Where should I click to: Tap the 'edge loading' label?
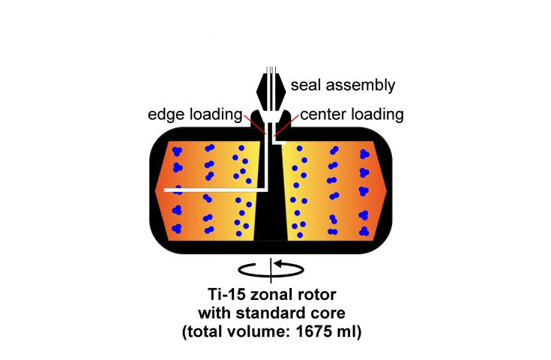pyautogui.click(x=196, y=115)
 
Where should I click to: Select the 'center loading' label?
pyautogui.click(x=352, y=115)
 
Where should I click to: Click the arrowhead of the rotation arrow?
pyautogui.click(x=278, y=263)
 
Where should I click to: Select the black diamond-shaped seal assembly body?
pyautogui.click(x=271, y=88)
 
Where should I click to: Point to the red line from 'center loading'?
pyautogui.click(x=288, y=125)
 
